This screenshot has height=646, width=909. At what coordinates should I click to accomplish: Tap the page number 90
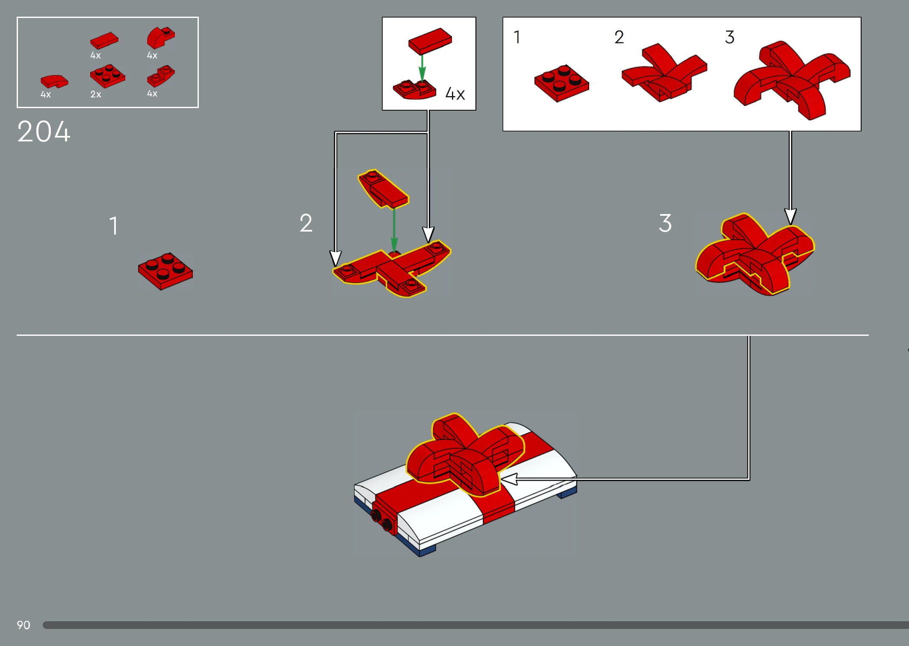24,625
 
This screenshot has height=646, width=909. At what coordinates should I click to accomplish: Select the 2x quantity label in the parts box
96,94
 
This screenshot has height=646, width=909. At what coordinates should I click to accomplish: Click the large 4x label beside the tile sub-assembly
455,94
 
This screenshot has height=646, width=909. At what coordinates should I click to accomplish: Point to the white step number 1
114,226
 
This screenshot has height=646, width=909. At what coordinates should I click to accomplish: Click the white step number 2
306,223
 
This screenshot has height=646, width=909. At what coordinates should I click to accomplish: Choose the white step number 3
665,223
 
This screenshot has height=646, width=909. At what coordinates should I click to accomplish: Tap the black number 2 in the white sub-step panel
619,37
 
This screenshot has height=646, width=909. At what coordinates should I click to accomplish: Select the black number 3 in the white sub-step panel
730,37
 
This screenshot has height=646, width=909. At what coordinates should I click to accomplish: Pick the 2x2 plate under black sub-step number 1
561,83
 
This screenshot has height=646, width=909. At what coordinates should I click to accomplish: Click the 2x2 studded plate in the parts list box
107,76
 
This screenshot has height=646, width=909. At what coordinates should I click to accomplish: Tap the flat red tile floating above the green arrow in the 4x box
430,41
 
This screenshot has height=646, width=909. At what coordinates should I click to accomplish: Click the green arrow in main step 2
394,230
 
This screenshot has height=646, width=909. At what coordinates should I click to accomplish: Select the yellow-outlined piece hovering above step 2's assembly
384,189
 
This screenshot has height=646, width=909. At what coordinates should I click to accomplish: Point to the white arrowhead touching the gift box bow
509,479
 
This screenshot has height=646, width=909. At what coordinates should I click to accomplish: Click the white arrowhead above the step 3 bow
791,216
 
